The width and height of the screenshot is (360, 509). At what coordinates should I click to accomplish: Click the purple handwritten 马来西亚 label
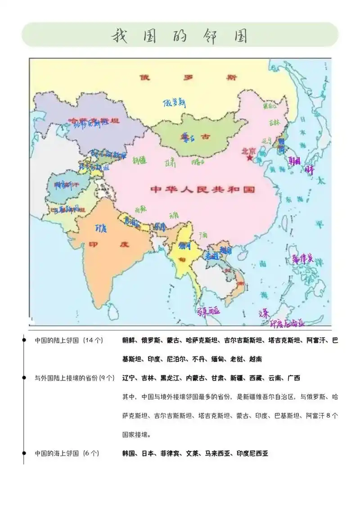(x=208, y=311)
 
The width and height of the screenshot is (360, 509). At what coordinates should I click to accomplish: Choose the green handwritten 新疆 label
(x=139, y=159)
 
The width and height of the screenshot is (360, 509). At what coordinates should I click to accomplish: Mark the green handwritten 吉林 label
(x=274, y=122)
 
